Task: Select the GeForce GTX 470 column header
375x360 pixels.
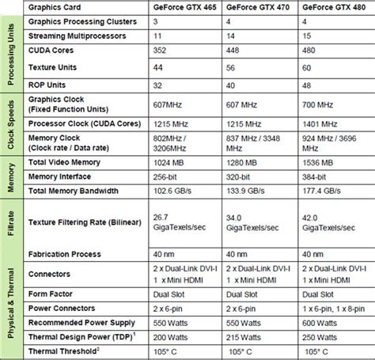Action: click(257, 8)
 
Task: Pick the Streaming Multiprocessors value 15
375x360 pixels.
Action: click(305, 36)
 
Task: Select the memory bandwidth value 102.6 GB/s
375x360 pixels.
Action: click(173, 191)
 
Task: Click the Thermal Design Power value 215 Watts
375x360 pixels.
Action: click(243, 338)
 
